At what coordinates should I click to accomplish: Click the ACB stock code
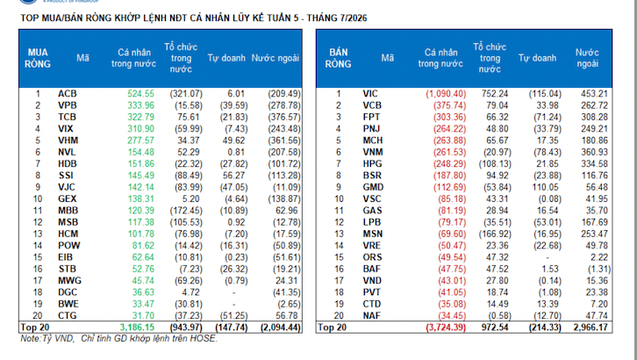coord(67,94)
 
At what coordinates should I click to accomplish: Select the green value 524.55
coord(141,94)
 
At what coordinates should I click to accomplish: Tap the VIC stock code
coord(370,94)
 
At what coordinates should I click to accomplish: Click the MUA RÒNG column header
coord(38,58)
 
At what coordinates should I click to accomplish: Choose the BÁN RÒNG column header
coord(338,58)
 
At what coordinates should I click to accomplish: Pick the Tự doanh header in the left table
coord(226,58)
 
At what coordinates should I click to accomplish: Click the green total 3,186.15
coord(137,328)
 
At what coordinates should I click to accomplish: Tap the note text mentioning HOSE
coord(119,338)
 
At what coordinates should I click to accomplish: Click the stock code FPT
coord(371,118)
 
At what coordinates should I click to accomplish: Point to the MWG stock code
coord(69,281)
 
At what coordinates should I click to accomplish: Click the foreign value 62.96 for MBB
coord(286,211)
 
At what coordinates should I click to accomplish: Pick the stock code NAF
coord(371,316)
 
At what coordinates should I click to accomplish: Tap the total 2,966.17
coord(590,328)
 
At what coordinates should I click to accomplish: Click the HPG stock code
coord(372,164)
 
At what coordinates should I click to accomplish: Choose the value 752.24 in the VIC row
coord(495,94)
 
